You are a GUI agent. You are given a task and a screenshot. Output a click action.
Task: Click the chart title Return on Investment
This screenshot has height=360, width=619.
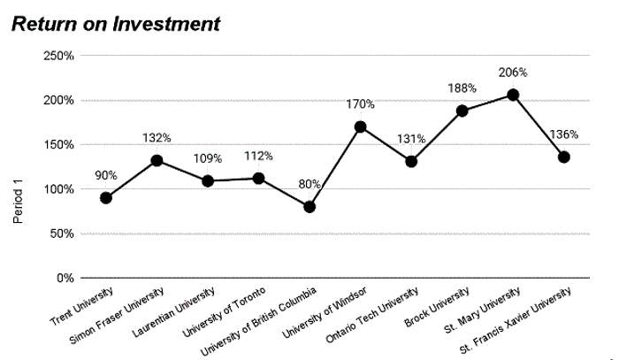[114, 24]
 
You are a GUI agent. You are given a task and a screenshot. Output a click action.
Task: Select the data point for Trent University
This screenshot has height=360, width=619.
[106, 197]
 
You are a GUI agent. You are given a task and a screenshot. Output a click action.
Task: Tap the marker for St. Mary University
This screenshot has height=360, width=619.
[513, 95]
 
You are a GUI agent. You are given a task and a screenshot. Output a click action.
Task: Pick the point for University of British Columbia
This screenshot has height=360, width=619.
[309, 207]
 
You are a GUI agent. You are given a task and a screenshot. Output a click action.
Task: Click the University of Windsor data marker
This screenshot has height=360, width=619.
[360, 126]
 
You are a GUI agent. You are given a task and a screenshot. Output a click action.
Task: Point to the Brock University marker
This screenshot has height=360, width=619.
[462, 111]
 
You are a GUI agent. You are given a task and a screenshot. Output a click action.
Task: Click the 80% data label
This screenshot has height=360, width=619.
[309, 185]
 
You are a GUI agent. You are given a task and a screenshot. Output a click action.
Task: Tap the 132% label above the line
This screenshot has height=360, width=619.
[157, 138]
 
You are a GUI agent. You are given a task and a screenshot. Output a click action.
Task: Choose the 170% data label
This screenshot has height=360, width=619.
[360, 104]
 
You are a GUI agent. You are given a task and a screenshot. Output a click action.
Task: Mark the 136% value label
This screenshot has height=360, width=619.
[563, 135]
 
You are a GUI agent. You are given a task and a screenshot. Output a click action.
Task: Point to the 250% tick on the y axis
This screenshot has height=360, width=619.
[58, 56]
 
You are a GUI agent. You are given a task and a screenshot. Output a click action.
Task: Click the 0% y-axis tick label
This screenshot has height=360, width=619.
[65, 278]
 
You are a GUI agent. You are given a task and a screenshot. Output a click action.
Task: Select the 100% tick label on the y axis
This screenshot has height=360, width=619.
[58, 189]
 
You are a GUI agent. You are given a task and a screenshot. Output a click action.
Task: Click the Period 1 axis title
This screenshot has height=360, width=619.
[17, 200]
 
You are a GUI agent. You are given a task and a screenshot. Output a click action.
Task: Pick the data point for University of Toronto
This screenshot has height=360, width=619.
[258, 178]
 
